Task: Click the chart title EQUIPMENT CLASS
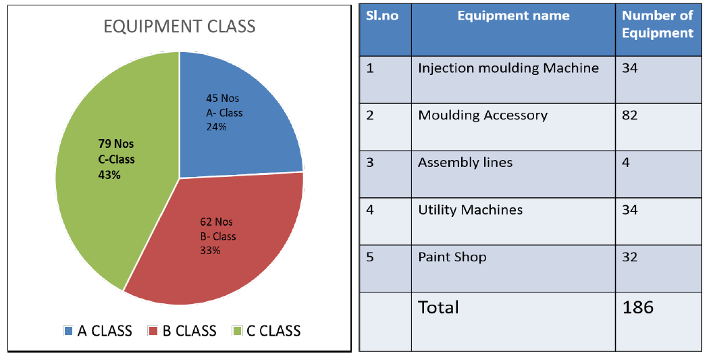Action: (180, 26)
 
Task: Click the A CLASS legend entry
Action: (98, 331)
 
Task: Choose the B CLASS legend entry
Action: (183, 331)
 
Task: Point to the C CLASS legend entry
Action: (267, 331)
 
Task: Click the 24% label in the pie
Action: (216, 127)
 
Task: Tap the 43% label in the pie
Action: (109, 175)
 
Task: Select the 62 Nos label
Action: (216, 222)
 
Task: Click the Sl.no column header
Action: (382, 16)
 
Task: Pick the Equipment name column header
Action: (513, 16)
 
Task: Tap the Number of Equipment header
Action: (658, 24)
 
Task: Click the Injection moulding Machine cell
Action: (508, 68)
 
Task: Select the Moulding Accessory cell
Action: (483, 115)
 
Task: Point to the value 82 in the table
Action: (630, 115)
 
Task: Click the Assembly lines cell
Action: (465, 162)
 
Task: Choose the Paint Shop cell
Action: (452, 257)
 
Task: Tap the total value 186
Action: (637, 307)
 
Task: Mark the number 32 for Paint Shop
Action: (630, 257)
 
